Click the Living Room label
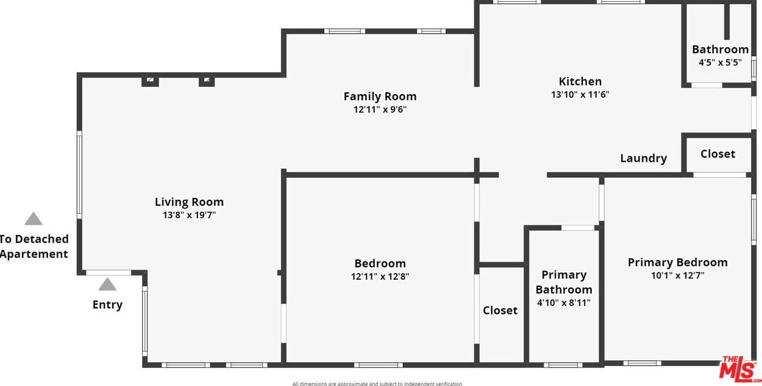(x=189, y=202)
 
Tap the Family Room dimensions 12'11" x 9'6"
(x=380, y=110)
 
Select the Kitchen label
(x=580, y=81)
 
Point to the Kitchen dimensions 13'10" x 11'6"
(x=580, y=95)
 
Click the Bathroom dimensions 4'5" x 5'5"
(x=720, y=62)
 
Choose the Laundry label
(x=643, y=158)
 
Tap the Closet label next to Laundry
(x=717, y=154)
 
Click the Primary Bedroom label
(x=677, y=262)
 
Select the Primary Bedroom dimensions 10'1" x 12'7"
(x=677, y=275)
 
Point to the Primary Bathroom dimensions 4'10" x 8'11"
(x=563, y=303)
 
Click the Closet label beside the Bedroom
(x=500, y=310)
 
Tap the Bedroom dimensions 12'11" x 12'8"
(x=380, y=277)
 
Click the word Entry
(x=107, y=305)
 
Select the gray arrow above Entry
(x=107, y=285)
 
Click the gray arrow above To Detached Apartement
(x=34, y=219)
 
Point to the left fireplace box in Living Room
(x=150, y=81)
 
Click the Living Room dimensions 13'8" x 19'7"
(x=189, y=215)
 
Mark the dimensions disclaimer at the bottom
(x=377, y=384)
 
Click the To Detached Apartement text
(x=34, y=247)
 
